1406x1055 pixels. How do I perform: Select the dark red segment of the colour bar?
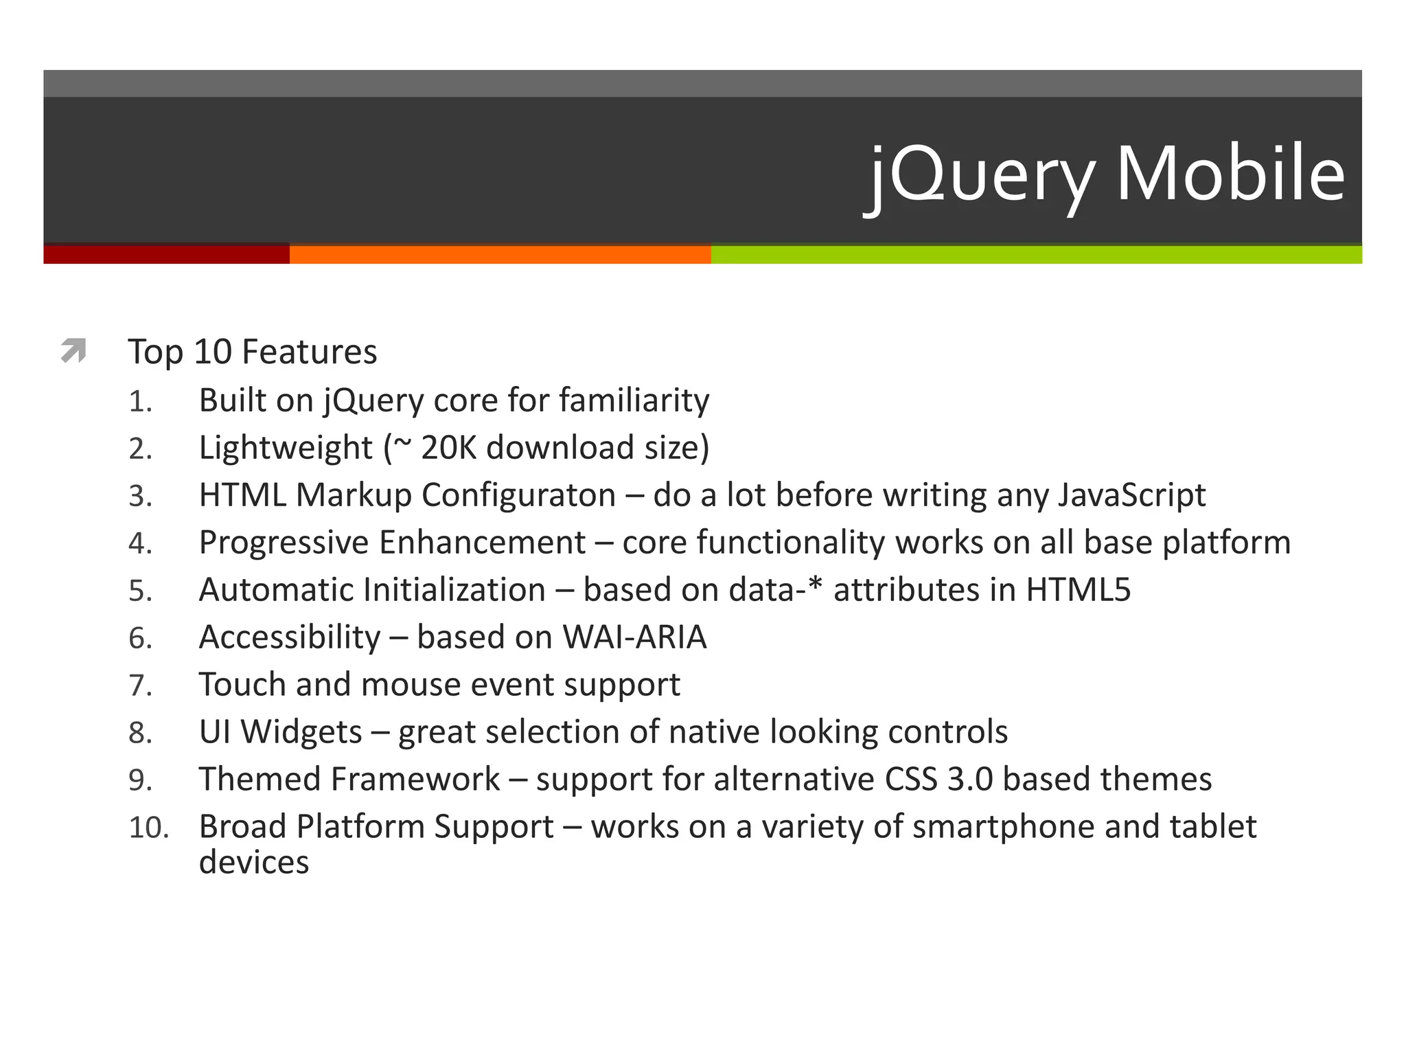pyautogui.click(x=166, y=254)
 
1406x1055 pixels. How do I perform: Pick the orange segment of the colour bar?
pyautogui.click(x=500, y=254)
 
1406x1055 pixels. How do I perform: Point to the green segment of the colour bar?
pyautogui.click(x=1037, y=254)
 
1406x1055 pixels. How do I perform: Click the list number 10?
pyautogui.click(x=148, y=828)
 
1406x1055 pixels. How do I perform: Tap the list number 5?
pyautogui.click(x=140, y=591)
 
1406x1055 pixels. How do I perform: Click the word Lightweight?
pyautogui.click(x=286, y=449)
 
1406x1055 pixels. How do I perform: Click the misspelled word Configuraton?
pyautogui.click(x=518, y=495)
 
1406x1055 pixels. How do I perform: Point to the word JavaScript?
pyautogui.click(x=1131, y=495)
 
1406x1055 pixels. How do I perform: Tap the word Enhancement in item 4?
pyautogui.click(x=482, y=543)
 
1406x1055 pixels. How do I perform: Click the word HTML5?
pyautogui.click(x=1078, y=590)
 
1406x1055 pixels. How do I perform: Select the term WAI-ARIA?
pyautogui.click(x=634, y=637)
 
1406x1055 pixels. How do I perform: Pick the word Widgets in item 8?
pyautogui.click(x=301, y=732)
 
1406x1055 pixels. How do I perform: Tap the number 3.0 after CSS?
pyautogui.click(x=970, y=780)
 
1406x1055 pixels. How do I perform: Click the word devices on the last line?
pyautogui.click(x=254, y=863)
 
